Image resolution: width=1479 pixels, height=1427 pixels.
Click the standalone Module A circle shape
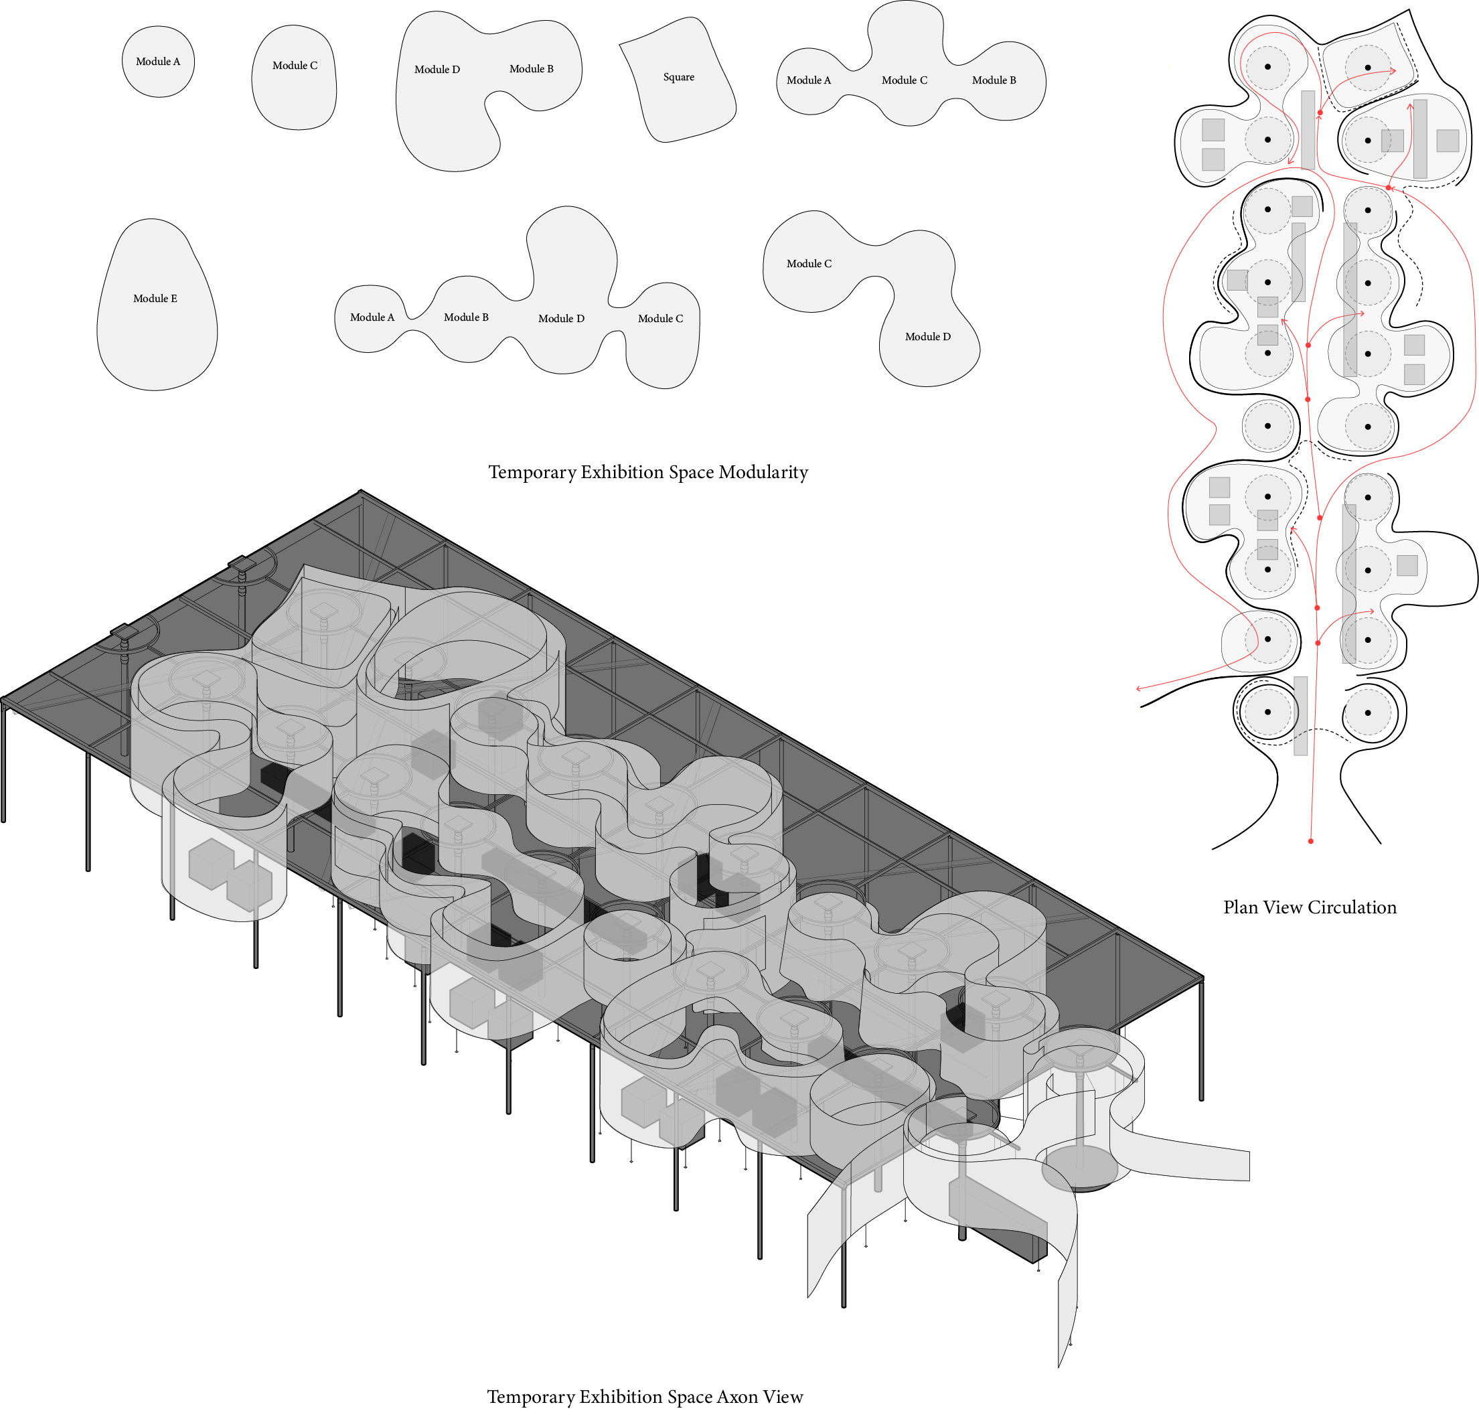[158, 62]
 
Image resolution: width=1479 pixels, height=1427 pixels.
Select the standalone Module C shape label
[295, 66]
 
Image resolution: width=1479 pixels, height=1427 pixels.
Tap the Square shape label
[678, 77]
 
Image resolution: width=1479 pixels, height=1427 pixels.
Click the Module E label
[155, 299]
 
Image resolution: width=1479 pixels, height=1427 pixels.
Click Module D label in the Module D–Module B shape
[437, 70]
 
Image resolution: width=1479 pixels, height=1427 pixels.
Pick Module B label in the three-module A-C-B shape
[993, 80]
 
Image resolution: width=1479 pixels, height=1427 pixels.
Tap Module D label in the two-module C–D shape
[927, 337]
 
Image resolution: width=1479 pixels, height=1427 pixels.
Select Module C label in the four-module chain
[659, 319]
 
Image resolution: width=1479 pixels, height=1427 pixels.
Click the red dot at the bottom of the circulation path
[1311, 840]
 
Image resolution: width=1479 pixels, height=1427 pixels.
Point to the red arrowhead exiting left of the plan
[1139, 688]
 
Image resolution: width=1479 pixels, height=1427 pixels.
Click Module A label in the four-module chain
[372, 317]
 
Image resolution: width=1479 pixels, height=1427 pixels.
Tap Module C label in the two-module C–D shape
[809, 263]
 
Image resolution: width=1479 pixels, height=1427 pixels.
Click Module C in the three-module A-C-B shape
[904, 80]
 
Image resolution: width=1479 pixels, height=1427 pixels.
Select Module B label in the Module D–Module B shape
[531, 69]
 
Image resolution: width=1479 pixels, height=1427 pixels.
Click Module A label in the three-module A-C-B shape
[808, 80]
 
